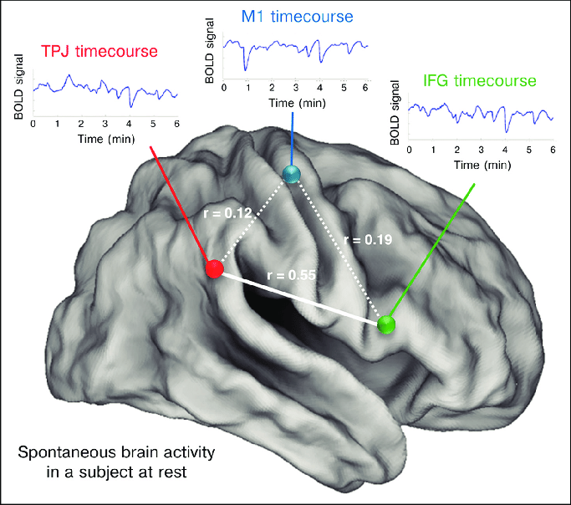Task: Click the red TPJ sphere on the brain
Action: [214, 269]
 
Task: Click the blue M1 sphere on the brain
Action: [291, 173]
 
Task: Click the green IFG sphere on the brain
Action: [386, 324]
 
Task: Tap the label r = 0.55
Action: [291, 275]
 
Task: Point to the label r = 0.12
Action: [227, 213]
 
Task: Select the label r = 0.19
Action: [368, 240]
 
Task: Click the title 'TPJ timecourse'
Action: [99, 51]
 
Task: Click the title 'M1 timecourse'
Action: [297, 17]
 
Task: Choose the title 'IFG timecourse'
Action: [480, 80]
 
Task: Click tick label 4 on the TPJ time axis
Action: [129, 124]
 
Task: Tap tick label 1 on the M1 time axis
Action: [248, 88]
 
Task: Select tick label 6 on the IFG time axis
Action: [553, 150]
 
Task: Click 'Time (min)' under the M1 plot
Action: [297, 103]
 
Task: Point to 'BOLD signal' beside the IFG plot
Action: [395, 113]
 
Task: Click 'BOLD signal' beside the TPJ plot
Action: [18, 87]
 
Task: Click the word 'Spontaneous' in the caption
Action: [67, 452]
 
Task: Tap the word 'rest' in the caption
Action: [172, 472]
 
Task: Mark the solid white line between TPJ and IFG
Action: [300, 298]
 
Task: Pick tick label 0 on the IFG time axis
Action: [410, 150]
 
